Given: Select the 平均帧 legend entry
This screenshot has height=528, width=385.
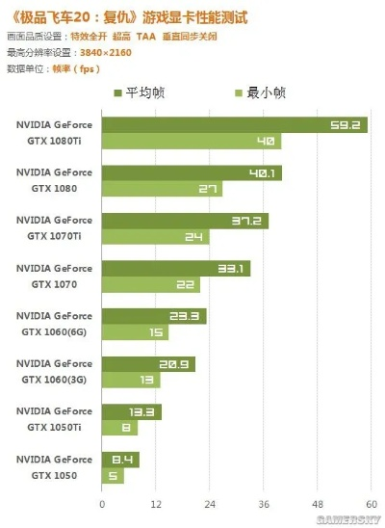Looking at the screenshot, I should [x=143, y=92].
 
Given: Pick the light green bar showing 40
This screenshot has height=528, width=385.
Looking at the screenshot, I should [x=191, y=142].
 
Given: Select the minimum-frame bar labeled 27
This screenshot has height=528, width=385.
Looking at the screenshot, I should [x=162, y=190].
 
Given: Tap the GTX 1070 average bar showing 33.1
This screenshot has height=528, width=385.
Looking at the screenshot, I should [x=175, y=268].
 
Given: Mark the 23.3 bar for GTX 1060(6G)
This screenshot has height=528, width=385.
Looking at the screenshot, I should [x=154, y=316].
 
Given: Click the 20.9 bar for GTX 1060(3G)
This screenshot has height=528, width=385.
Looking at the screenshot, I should [x=148, y=364].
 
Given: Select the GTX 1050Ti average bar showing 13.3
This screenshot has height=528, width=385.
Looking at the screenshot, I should [x=131, y=411].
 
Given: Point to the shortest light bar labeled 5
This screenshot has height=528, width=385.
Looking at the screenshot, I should [x=113, y=476].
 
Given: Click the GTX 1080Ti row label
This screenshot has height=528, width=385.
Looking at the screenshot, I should [x=54, y=132].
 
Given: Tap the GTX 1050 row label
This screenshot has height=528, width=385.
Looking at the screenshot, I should [x=54, y=467].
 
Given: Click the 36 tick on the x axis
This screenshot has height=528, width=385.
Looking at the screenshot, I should [x=262, y=504].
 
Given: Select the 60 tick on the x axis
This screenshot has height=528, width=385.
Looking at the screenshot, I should [x=369, y=504].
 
